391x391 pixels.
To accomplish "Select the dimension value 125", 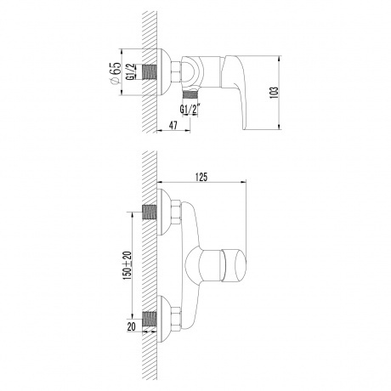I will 201,177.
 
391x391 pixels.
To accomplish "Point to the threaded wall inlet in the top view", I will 150,75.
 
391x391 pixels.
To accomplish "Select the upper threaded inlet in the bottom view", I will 150,213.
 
